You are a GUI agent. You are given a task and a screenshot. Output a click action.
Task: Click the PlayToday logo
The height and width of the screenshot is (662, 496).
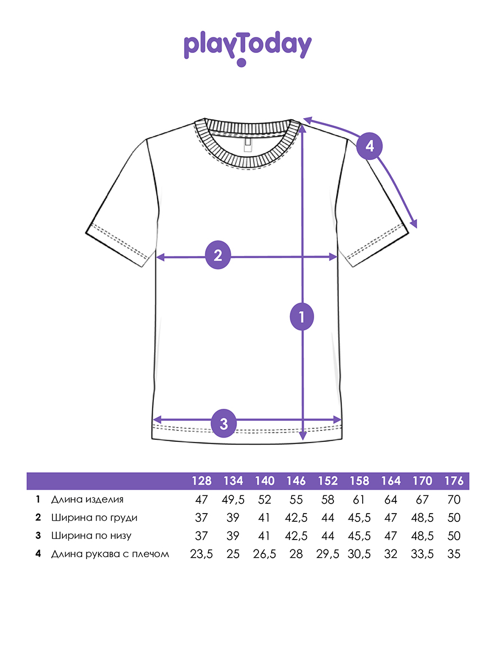click(247, 48)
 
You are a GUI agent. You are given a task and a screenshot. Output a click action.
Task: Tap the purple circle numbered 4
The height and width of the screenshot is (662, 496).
click(369, 146)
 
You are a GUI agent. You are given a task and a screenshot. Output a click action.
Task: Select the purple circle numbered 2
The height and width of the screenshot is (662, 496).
click(218, 255)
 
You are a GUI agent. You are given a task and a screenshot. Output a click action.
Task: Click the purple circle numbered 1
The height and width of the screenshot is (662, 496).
click(302, 317)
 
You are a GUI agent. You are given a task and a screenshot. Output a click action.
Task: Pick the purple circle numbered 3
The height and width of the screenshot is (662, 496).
click(223, 424)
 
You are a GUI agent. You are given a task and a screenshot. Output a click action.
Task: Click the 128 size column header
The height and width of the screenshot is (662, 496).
click(202, 481)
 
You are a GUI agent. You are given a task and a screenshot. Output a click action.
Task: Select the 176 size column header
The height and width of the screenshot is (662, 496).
click(454, 481)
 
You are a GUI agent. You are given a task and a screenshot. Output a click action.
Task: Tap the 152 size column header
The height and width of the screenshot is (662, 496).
click(328, 481)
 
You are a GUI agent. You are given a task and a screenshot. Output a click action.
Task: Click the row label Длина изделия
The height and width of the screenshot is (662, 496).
click(87, 500)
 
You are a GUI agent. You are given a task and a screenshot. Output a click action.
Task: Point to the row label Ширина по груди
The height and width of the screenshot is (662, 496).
click(94, 518)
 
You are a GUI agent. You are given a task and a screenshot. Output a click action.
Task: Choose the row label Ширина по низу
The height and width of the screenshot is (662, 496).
click(91, 536)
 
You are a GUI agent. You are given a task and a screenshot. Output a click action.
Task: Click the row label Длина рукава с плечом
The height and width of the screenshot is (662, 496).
click(110, 554)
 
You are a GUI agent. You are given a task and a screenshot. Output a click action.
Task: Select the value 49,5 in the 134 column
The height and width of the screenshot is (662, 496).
click(233, 500)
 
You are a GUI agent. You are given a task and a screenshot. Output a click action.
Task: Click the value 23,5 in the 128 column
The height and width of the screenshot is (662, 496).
click(202, 554)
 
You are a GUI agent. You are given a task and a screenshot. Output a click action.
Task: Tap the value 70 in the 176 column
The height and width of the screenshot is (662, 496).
click(454, 500)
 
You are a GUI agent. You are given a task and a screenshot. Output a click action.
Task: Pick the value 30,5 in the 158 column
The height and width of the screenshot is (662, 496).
click(359, 554)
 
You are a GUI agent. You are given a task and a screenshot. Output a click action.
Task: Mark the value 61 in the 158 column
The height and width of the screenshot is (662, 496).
click(358, 500)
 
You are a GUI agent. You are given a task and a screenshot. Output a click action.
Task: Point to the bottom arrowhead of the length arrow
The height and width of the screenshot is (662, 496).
click(303, 436)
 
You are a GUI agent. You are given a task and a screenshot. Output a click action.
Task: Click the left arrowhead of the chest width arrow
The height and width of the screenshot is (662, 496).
click(160, 257)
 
